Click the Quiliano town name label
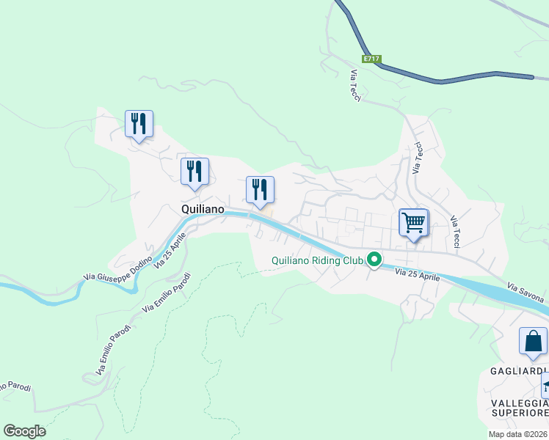pos(202,209)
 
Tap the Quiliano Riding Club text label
pos(318,260)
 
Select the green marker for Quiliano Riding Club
pos(374,260)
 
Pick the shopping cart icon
pos(414,221)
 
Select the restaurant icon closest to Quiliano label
pos(194,172)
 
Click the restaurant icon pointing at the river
pos(260,190)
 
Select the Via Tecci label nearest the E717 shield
pos(356,85)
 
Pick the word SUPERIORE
pos(520,414)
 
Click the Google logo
pos(25,431)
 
